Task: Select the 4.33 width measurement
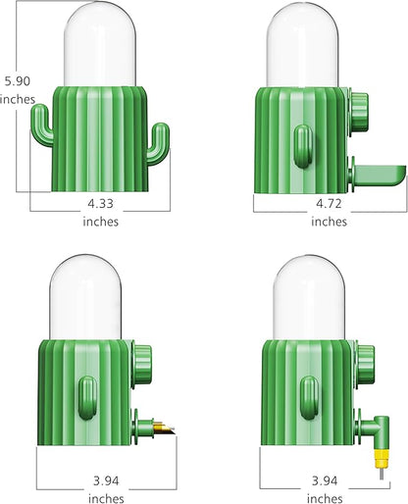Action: tap(100, 204)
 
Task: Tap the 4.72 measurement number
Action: tap(329, 204)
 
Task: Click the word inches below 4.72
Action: tap(329, 222)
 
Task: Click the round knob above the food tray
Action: tap(359, 105)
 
